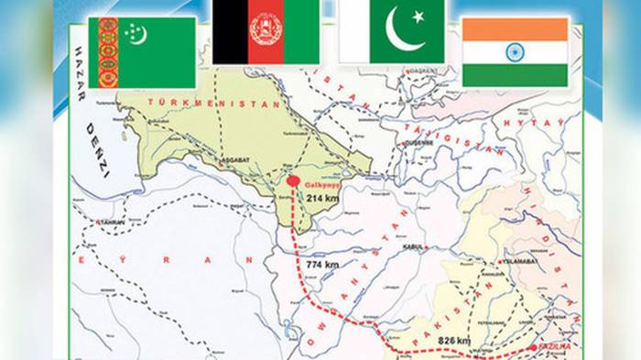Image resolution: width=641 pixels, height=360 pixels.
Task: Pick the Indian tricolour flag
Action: [515, 50]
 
